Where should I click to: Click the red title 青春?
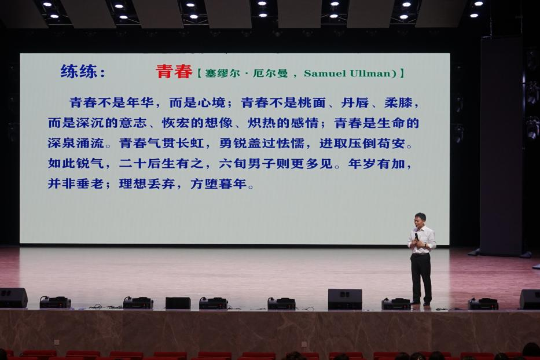[x=174, y=72]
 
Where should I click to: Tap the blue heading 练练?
[x=79, y=72]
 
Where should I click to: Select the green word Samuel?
[x=325, y=74]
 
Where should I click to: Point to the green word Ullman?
[x=370, y=74]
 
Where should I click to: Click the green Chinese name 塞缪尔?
[x=222, y=74]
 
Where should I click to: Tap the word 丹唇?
[x=355, y=102]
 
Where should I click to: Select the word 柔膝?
[x=398, y=102]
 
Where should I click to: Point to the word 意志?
[x=133, y=123]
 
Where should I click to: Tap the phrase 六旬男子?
[x=247, y=164]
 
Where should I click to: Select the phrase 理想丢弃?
[x=148, y=184]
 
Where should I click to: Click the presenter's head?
[x=420, y=219]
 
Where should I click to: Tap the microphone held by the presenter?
[x=416, y=237]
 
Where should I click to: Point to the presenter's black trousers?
[x=421, y=278]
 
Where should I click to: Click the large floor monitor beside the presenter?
[x=345, y=299]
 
